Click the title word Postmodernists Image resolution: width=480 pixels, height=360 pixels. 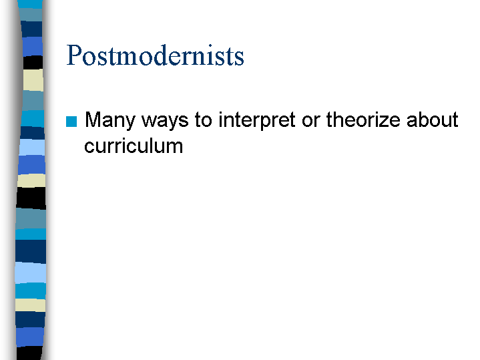click(155, 55)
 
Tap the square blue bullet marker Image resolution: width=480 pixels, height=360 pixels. click(71, 122)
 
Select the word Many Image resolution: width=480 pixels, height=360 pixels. click(110, 120)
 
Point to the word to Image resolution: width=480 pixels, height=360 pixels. click(203, 120)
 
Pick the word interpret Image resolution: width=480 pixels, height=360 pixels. click(257, 120)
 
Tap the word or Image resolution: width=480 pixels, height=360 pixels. click(310, 122)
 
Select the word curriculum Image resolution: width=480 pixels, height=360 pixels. click(134, 146)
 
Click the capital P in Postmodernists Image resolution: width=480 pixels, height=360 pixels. click(74, 55)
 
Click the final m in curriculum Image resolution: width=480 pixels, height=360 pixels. click(174, 148)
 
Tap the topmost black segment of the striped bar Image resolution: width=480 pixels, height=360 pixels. click(33, 63)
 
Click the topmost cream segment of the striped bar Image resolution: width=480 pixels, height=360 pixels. click(33, 80)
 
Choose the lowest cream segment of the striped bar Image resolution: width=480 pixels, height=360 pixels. click(30, 305)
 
